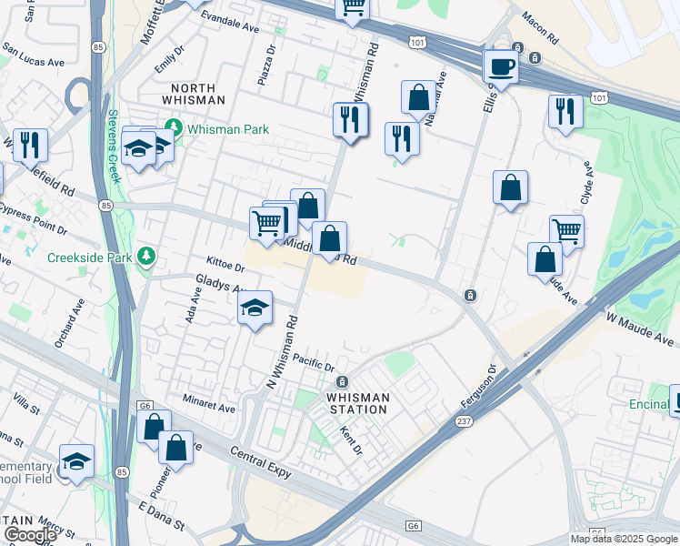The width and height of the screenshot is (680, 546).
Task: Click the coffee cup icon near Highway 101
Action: point(500,66)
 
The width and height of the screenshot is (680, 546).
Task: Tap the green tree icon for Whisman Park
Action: point(173,129)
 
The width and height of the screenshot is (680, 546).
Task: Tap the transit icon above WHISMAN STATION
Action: point(342,381)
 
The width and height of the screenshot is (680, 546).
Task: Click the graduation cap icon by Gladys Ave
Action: point(255,308)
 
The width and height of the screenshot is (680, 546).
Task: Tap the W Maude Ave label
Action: point(642,329)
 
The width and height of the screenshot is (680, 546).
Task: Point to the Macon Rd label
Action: point(540,29)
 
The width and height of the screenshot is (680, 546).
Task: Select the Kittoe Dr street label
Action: point(225,264)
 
